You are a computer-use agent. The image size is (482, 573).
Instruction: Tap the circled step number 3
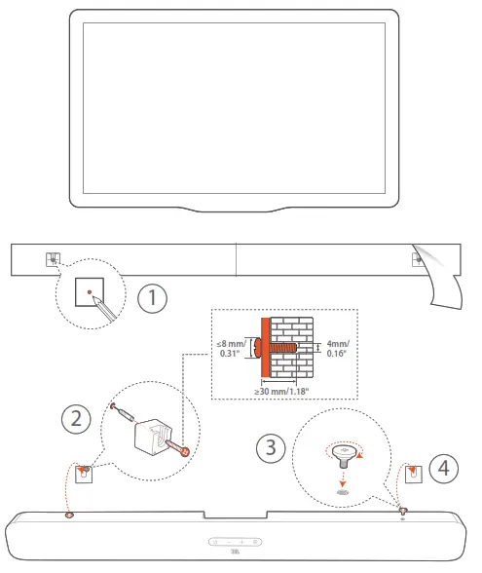pyautogui.click(x=271, y=448)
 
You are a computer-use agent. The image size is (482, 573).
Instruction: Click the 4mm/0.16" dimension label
pyautogui.click(x=337, y=349)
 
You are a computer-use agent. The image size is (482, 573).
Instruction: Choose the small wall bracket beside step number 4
pyautogui.click(x=413, y=474)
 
